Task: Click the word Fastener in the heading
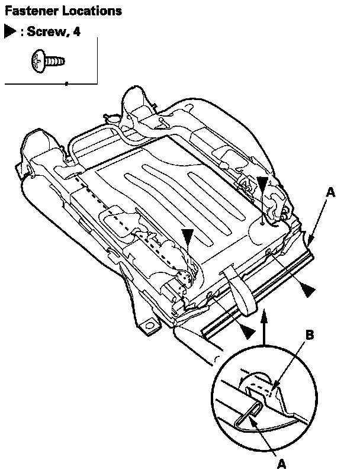click(x=27, y=11)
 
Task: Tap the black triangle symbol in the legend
click(x=10, y=32)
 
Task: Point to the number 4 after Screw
click(x=77, y=32)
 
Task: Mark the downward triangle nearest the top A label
click(x=263, y=184)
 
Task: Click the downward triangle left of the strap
click(x=188, y=236)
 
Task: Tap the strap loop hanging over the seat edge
click(x=240, y=290)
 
